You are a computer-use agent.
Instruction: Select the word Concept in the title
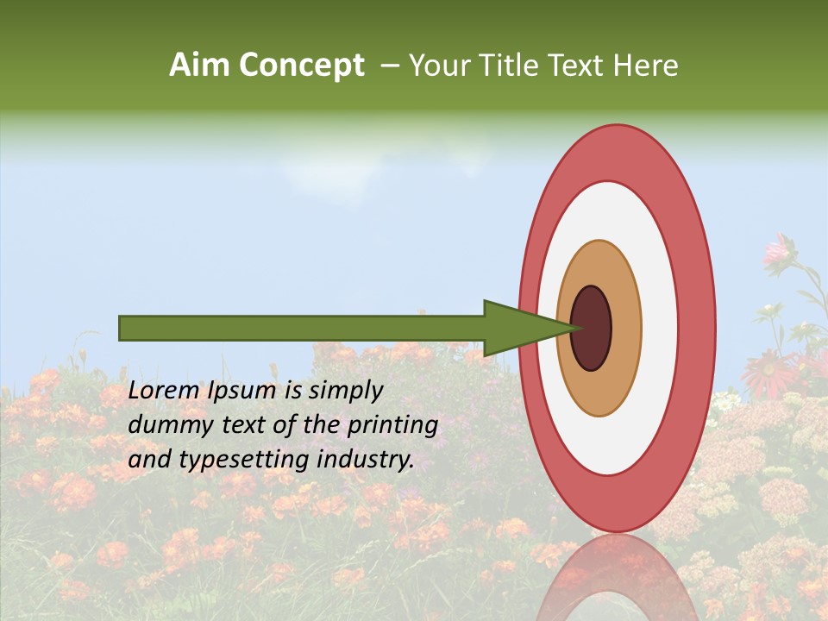(301, 66)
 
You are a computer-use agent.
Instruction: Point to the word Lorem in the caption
(164, 391)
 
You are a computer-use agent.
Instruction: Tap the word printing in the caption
(392, 426)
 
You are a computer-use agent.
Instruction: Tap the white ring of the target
(660, 328)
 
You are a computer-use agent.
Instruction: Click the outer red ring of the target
(697, 328)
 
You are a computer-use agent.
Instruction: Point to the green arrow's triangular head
(517, 328)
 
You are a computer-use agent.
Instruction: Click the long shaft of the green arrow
(302, 328)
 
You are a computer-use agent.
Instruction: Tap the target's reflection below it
(617, 578)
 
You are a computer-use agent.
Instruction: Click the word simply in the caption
(346, 392)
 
